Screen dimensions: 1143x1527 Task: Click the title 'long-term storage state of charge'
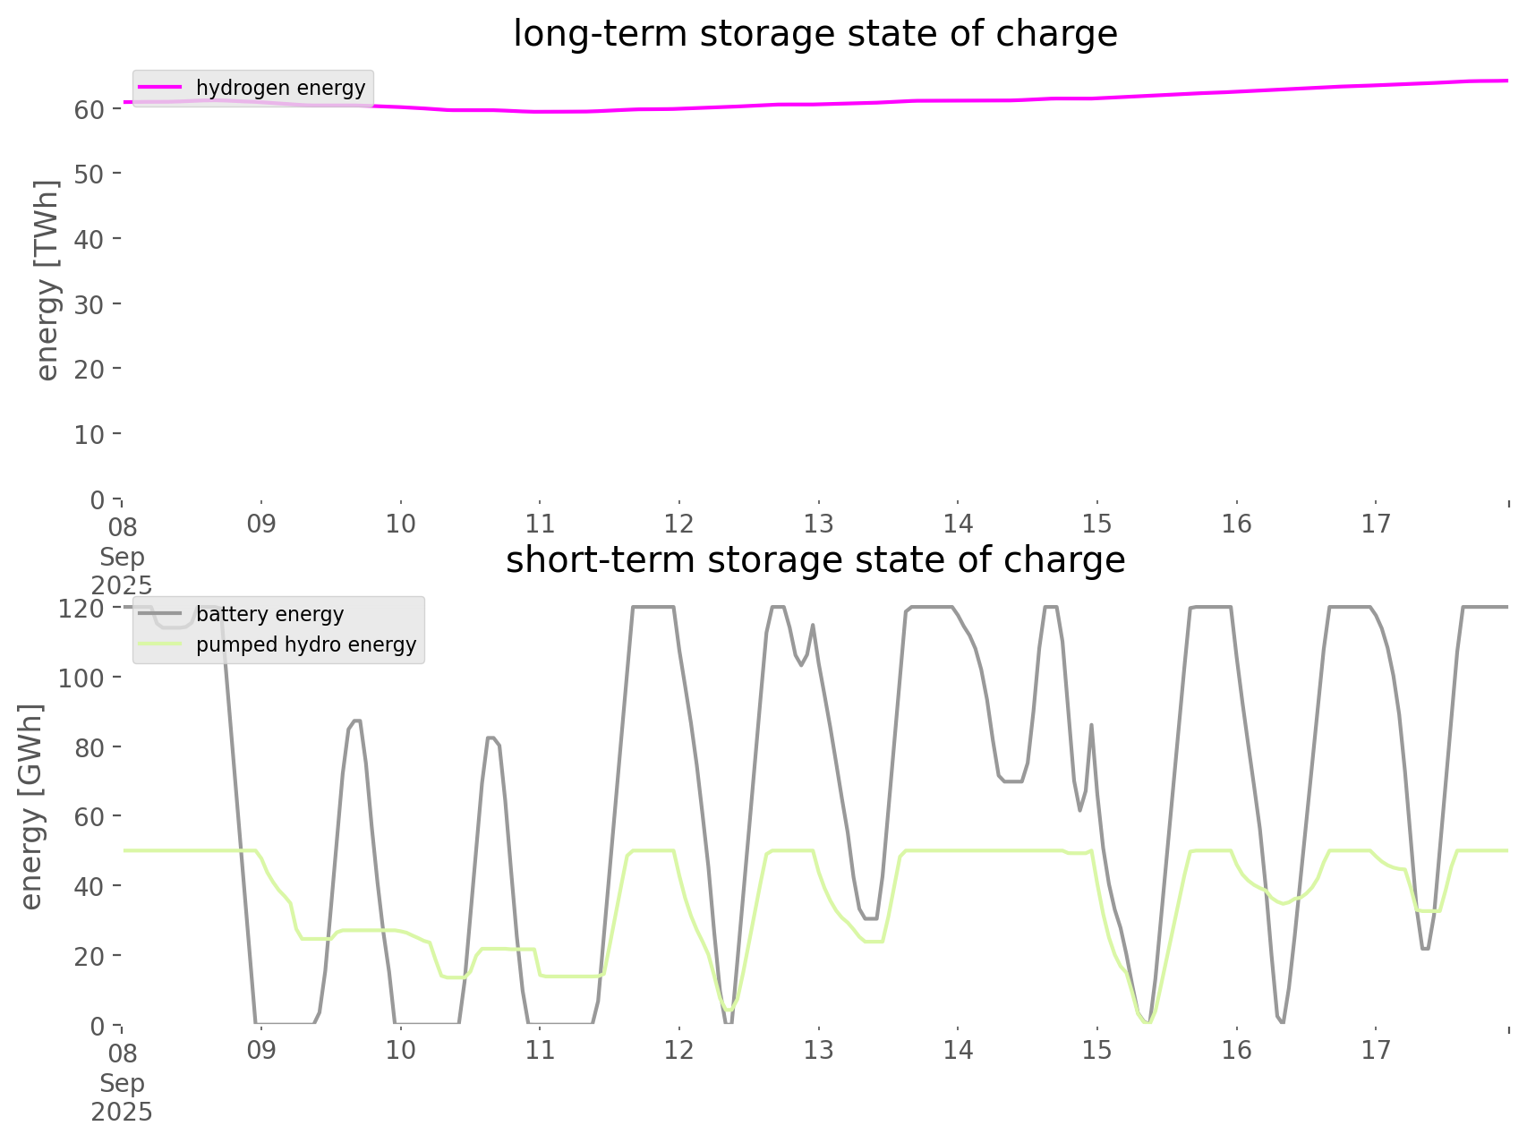coord(815,35)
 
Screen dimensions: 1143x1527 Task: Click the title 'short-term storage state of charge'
coord(815,561)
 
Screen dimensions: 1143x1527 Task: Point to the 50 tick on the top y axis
coord(90,174)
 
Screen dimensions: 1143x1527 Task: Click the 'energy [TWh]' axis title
coord(47,280)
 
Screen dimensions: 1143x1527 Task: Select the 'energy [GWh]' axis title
coord(31,806)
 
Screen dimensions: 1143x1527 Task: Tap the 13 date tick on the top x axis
coord(818,525)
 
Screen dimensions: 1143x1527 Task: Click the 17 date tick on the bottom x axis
coord(1376,1051)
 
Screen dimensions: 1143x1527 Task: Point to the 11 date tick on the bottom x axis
coord(540,1051)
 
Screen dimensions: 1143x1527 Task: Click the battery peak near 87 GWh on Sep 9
coord(356,721)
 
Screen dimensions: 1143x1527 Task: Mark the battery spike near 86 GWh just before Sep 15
coord(1091,725)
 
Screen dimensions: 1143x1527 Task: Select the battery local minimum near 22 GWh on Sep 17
coord(1425,949)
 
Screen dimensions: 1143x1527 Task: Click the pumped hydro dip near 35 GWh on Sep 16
coord(1284,903)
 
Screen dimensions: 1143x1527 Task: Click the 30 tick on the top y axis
coord(90,304)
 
